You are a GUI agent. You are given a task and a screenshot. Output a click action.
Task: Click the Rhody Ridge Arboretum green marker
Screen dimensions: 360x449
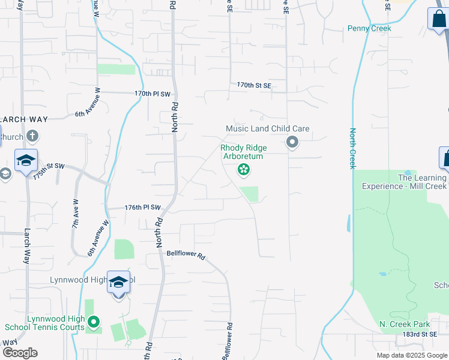(244, 170)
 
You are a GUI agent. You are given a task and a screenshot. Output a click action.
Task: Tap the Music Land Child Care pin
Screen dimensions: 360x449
(292, 142)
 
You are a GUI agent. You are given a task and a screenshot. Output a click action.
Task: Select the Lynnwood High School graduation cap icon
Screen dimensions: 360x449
(118, 281)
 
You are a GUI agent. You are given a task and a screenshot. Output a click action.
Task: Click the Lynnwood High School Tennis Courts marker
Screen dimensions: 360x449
(93, 323)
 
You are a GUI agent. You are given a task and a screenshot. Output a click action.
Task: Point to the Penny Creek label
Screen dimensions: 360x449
(369, 28)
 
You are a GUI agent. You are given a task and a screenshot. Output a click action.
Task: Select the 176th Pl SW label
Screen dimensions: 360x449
(143, 208)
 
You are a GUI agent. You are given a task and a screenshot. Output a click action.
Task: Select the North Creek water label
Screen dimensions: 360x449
(353, 148)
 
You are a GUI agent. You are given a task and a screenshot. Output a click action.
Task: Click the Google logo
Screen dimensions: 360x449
(19, 353)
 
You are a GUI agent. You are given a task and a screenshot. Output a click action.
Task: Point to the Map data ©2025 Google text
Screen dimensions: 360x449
(412, 355)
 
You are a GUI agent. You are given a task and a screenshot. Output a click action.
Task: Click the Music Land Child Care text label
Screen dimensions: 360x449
(268, 128)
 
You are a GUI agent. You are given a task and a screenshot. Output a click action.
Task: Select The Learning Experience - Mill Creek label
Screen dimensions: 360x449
(405, 182)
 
